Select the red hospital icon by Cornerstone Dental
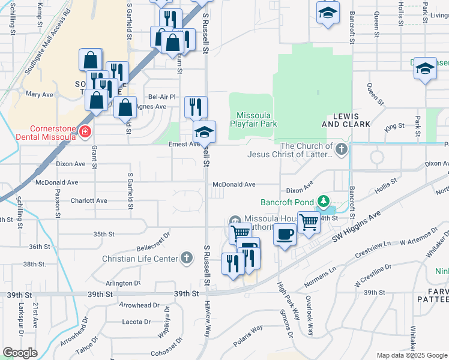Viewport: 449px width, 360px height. click(86, 131)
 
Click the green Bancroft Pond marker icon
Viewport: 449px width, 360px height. click(324, 200)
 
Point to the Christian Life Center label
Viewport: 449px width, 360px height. click(140, 259)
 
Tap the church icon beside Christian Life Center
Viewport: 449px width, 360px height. click(187, 258)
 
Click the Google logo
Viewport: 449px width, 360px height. click(20, 353)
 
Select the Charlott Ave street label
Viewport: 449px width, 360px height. click(89, 200)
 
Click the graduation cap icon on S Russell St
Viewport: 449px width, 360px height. click(204, 131)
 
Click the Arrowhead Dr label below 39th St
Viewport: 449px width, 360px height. click(135, 305)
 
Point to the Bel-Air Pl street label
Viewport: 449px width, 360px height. click(161, 97)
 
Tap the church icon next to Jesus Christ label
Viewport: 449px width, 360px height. click(342, 149)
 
